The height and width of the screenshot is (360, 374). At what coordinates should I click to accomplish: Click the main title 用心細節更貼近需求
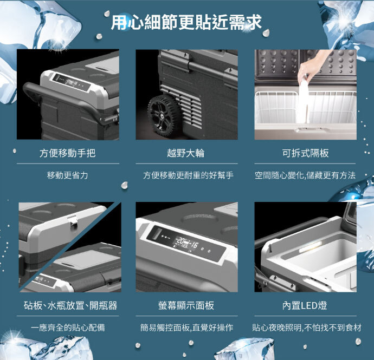click(186, 22)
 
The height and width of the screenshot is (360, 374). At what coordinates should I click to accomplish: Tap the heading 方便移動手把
click(68, 153)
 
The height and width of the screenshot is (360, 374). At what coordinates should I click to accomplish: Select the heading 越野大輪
click(186, 153)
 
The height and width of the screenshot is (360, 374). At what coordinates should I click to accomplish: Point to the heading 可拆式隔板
click(305, 153)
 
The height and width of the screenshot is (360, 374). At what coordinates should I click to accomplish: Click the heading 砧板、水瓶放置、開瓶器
click(70, 305)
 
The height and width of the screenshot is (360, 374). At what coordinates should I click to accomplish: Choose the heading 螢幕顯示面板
click(186, 305)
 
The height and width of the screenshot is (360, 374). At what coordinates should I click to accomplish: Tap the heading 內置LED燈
click(305, 305)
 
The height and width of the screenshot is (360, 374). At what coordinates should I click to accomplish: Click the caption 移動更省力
click(68, 175)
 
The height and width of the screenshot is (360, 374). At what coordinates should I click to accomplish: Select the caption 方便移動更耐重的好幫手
click(188, 175)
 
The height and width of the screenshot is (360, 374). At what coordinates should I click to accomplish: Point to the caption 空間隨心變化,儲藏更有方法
click(305, 175)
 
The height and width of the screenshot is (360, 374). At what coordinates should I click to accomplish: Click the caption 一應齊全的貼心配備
click(68, 328)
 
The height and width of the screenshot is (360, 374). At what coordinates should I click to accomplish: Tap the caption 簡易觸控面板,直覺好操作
click(187, 328)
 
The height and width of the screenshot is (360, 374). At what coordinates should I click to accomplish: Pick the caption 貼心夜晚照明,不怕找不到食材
click(307, 328)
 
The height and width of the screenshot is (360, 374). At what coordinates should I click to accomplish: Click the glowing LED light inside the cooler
click(311, 247)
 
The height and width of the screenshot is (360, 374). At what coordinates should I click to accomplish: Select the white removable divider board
click(303, 100)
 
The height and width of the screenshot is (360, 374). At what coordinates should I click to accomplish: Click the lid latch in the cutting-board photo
click(74, 221)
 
